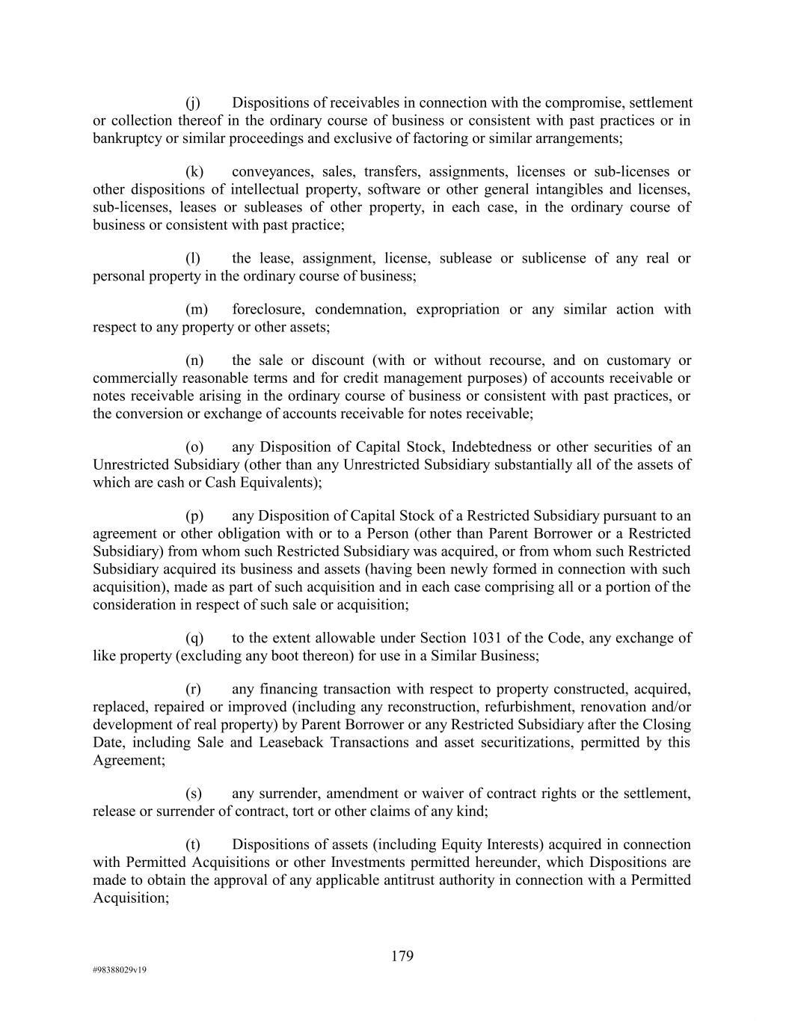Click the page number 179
[402, 956]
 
